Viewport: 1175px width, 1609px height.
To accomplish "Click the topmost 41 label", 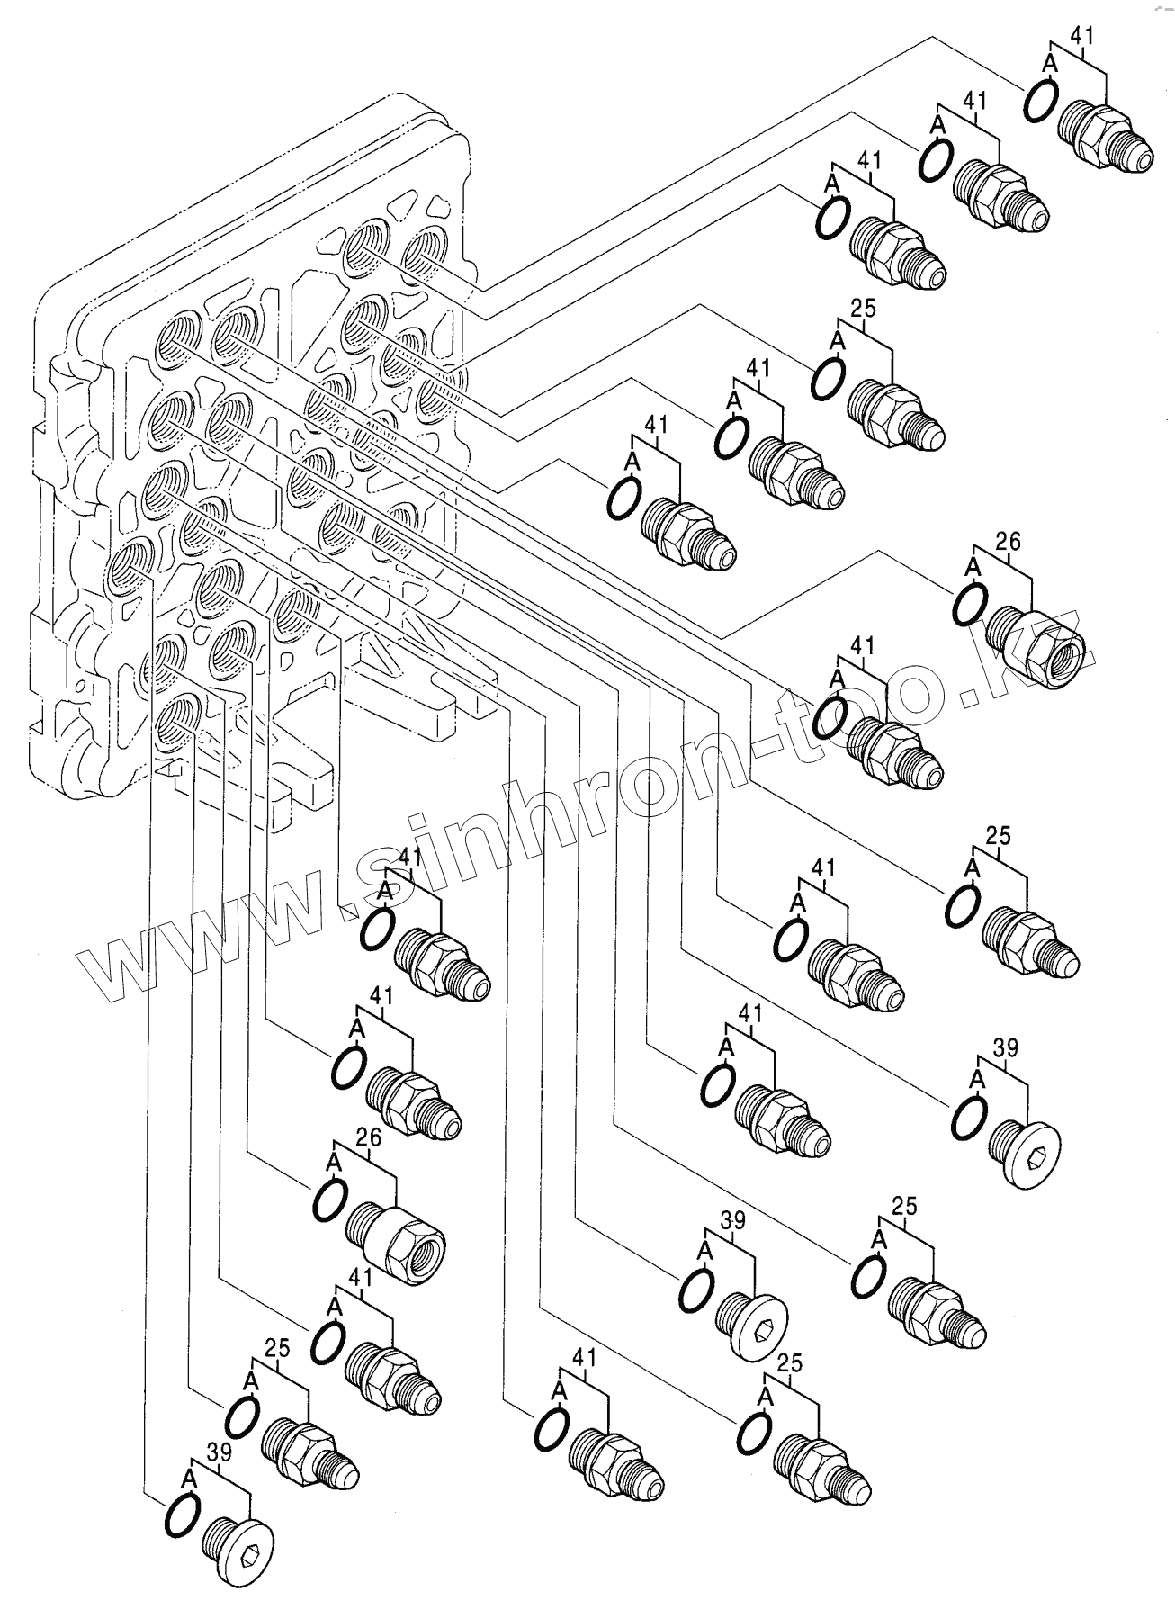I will (1081, 36).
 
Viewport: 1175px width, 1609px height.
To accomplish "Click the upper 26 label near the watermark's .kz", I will (1009, 542).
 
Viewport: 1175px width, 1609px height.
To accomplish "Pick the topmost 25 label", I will (863, 309).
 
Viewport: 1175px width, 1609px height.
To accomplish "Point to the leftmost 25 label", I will (278, 1347).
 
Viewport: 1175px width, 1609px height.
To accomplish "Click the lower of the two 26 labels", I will (369, 1137).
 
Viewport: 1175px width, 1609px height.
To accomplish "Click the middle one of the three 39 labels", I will (733, 1220).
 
